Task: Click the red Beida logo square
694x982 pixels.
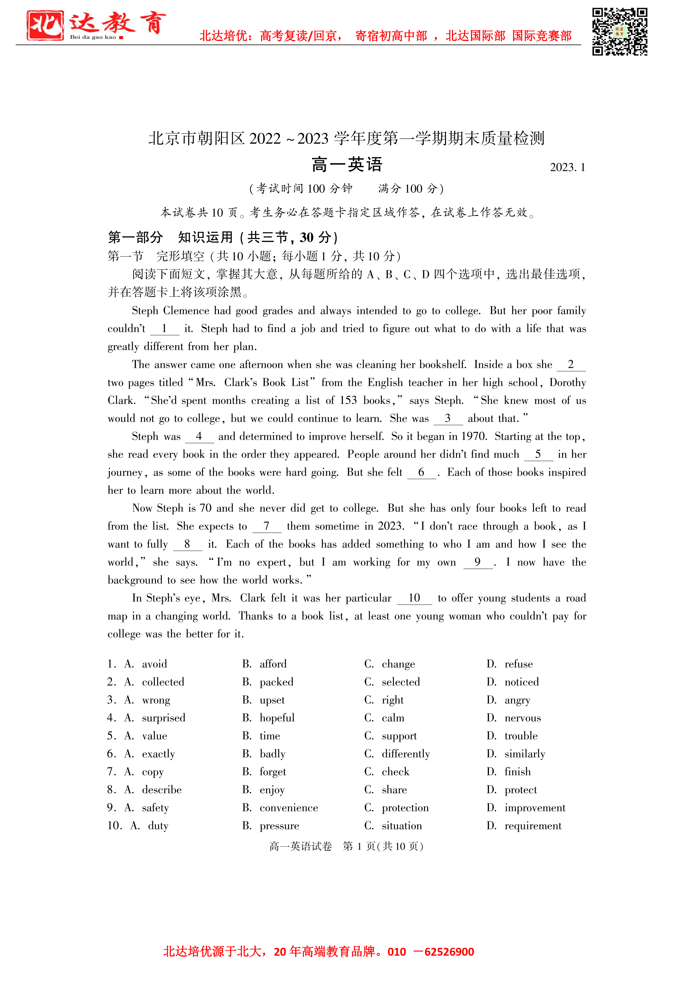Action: tap(45, 25)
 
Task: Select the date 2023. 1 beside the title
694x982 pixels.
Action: tap(567, 167)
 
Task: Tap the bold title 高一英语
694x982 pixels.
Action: tap(347, 165)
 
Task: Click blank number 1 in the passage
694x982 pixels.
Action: tap(164, 328)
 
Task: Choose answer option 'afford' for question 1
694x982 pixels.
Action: tap(273, 664)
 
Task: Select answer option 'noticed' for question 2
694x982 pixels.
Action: tap(521, 682)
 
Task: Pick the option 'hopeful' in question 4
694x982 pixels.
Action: tap(277, 718)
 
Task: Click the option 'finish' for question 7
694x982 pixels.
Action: tap(517, 771)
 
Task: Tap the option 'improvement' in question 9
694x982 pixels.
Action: tap(534, 808)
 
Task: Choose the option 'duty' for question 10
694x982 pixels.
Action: tap(158, 826)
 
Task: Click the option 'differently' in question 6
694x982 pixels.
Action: tap(405, 754)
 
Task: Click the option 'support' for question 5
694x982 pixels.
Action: tap(399, 736)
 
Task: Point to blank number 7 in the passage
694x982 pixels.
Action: tap(266, 526)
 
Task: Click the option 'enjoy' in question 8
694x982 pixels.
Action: tap(272, 789)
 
